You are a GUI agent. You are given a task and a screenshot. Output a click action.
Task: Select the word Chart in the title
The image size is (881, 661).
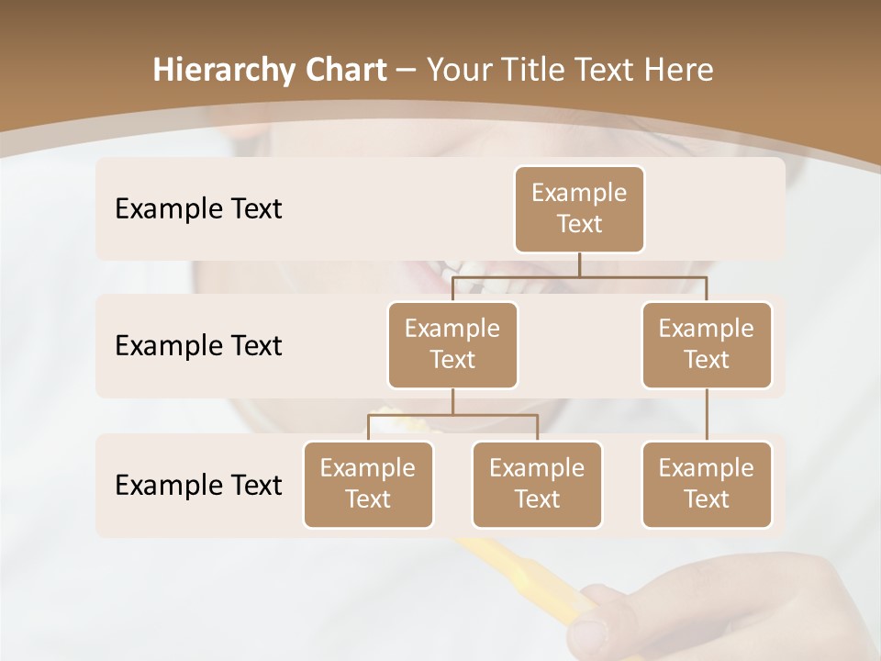coord(341,71)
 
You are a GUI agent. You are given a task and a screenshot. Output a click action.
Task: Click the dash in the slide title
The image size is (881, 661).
coord(406,71)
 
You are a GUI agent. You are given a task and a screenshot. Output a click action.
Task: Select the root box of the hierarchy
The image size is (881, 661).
coord(579,208)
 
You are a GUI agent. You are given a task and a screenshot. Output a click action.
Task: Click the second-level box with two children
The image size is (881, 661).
coord(452,344)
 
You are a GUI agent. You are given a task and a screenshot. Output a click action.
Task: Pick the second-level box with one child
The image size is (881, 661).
coord(707,344)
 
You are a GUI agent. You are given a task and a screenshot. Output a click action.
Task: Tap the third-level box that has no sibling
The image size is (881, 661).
coord(707,484)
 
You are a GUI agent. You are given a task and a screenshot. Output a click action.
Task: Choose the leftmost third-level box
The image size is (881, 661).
coord(368,484)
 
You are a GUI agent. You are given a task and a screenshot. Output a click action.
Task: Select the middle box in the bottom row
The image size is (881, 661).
coord(537,484)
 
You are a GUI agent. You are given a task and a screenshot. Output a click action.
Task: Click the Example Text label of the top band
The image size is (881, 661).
coord(198,208)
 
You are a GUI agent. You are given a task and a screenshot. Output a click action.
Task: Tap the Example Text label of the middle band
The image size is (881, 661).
coord(198,345)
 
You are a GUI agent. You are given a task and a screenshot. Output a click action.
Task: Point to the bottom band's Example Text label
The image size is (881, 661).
coord(198,485)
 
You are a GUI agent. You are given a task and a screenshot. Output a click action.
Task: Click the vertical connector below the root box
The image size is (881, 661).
coord(579,264)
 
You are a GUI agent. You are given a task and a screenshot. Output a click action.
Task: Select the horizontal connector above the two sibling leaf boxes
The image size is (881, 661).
coord(452,415)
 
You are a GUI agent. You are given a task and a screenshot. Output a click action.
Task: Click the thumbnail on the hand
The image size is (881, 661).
coord(587,633)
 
